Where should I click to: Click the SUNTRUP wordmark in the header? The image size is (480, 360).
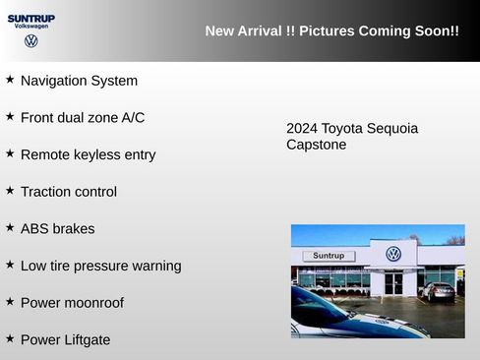tap(31, 19)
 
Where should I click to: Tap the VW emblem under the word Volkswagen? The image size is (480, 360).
tap(31, 41)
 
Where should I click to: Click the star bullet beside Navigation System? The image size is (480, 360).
tap(10, 79)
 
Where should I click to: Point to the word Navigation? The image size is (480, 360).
tap(56, 81)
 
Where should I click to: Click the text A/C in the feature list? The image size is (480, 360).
tap(133, 118)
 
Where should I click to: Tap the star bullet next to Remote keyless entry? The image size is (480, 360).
tap(10, 153)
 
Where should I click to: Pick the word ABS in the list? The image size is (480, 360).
tap(34, 229)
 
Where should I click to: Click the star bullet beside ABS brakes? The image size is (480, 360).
tap(10, 227)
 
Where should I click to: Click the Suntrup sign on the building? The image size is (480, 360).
tap(329, 256)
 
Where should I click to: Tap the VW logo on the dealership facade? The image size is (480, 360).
tap(393, 254)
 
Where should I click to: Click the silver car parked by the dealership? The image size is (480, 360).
tap(438, 290)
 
